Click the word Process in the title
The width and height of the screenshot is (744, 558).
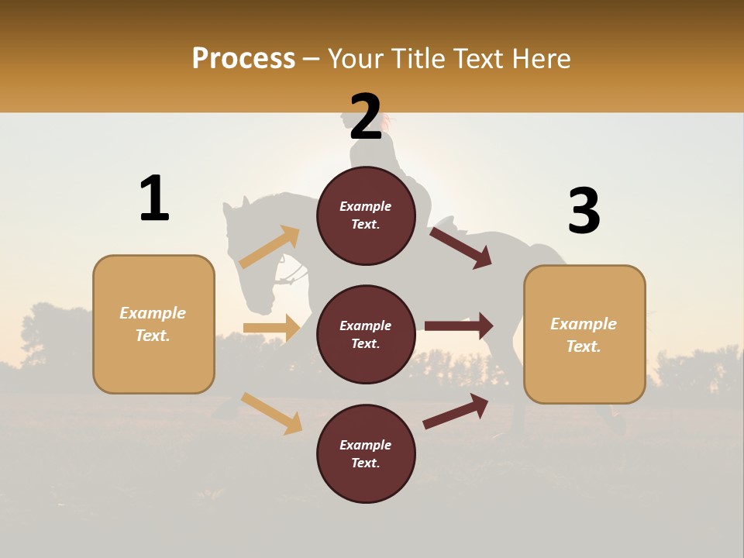point(243,59)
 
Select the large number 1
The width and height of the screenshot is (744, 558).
point(154,198)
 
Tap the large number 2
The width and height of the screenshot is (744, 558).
point(366,117)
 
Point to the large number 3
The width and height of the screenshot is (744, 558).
point(584,212)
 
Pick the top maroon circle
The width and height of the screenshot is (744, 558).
point(366,215)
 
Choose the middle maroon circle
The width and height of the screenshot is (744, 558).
point(366,334)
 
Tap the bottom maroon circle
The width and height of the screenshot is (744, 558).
point(366,453)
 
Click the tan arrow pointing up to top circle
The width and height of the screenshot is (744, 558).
point(270,247)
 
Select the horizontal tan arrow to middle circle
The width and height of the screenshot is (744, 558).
point(271,328)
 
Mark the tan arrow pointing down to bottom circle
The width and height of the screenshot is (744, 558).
point(271,413)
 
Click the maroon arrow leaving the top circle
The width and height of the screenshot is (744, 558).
point(460,247)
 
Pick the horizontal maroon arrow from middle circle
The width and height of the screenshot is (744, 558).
point(458,325)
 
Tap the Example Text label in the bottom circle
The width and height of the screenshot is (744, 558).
point(366,454)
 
